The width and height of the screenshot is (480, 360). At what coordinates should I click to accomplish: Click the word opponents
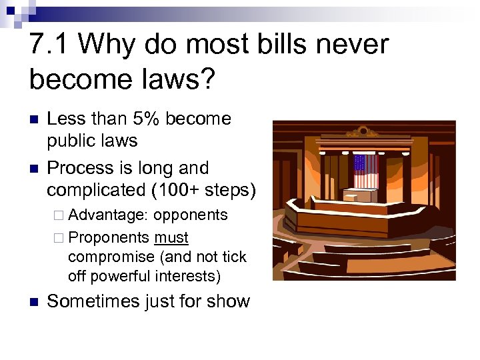click(x=191, y=215)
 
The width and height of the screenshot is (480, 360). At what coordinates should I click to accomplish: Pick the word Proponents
click(x=109, y=238)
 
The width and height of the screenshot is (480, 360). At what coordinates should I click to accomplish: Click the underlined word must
click(x=171, y=238)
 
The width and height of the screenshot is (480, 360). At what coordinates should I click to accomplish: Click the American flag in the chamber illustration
click(x=365, y=171)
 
